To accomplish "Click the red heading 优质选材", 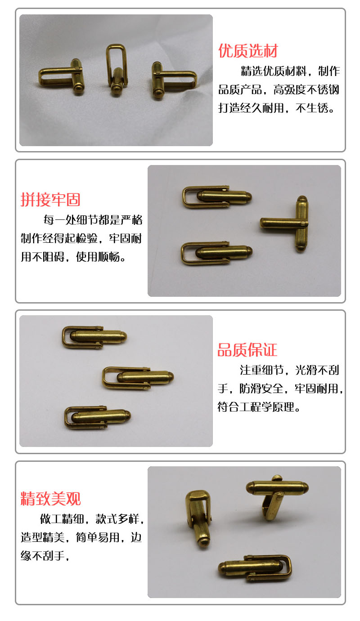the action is [x=248, y=51].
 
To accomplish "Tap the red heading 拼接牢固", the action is [x=50, y=200].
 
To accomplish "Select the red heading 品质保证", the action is [x=247, y=350].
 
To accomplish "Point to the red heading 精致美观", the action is [x=50, y=498].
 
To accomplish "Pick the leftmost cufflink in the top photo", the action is [x=62, y=76].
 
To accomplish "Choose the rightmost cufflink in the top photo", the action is [x=174, y=80].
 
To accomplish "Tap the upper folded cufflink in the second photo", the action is [x=217, y=197].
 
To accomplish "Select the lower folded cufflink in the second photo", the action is [x=216, y=253].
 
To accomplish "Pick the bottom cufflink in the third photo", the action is [x=97, y=418].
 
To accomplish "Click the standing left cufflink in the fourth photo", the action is [x=198, y=518].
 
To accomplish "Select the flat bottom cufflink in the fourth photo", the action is [x=255, y=568].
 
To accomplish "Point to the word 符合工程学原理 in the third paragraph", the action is [x=256, y=407].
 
